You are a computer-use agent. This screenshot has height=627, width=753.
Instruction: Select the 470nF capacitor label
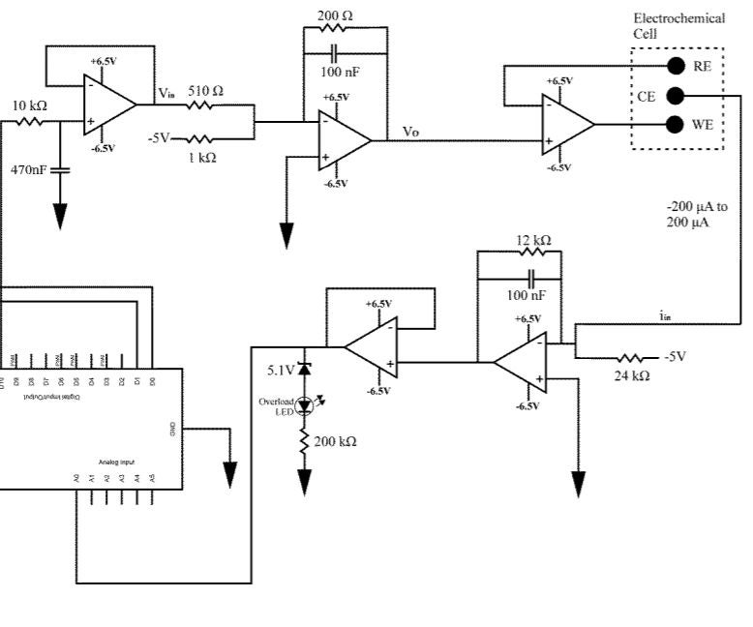(x=29, y=169)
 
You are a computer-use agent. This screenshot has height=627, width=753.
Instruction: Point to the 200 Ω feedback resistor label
(x=336, y=16)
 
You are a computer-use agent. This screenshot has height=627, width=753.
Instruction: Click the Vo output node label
(x=410, y=131)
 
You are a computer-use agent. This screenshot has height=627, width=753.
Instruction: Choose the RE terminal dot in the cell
(x=676, y=66)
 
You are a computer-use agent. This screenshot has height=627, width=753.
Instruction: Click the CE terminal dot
(x=676, y=95)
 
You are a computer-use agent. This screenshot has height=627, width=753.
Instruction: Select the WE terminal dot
(x=676, y=124)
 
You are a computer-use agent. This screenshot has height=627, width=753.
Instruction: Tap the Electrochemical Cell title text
(x=678, y=25)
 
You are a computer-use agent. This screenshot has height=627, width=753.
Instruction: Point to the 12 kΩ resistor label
(x=533, y=240)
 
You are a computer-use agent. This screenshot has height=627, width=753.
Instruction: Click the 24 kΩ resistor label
(x=632, y=375)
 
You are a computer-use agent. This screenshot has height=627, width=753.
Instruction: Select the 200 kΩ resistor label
(x=336, y=441)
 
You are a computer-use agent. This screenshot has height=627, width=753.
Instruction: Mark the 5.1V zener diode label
(x=282, y=369)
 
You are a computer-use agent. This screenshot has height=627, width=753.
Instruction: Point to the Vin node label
(x=167, y=92)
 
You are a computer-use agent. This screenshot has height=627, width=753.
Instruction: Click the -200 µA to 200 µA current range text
(x=697, y=214)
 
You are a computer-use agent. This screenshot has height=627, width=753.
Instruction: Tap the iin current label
(x=666, y=315)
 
